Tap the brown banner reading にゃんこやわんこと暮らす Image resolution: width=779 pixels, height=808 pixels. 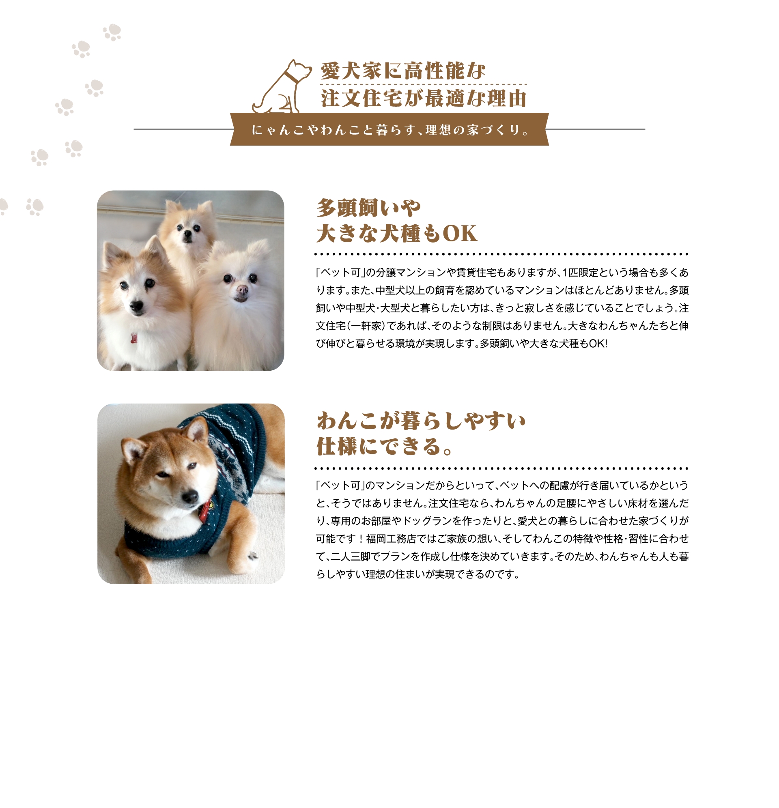coord(389,129)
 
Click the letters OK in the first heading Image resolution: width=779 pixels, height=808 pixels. coord(460,233)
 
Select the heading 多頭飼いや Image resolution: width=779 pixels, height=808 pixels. coord(368,207)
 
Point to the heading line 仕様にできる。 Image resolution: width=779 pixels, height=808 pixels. coord(385,447)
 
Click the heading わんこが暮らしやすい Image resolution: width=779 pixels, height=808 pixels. coord(421,421)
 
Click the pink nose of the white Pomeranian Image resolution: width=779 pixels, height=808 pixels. coord(242,290)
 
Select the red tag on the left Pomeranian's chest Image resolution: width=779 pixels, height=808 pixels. coord(133,338)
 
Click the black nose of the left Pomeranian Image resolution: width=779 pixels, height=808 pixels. coord(136,306)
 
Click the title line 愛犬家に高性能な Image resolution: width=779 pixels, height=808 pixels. coord(403,71)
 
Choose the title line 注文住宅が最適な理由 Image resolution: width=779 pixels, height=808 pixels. coord(424,98)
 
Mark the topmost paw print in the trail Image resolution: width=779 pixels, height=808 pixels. coord(112,32)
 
